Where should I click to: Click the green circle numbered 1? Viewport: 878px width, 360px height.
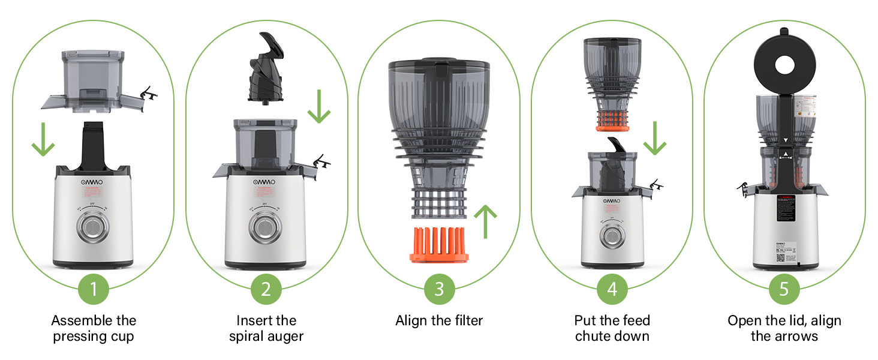[94, 289]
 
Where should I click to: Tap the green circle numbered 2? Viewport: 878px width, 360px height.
[266, 289]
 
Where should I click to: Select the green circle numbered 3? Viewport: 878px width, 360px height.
[439, 289]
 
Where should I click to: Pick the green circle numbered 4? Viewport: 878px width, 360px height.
[612, 289]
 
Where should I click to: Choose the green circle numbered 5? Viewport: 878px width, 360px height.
[784, 289]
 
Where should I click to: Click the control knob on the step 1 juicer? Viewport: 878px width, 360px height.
[93, 229]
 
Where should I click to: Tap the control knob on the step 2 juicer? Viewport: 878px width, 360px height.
[266, 229]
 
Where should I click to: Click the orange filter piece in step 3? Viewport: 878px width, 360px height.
[439, 245]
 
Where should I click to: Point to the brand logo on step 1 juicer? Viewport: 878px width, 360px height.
[93, 181]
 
